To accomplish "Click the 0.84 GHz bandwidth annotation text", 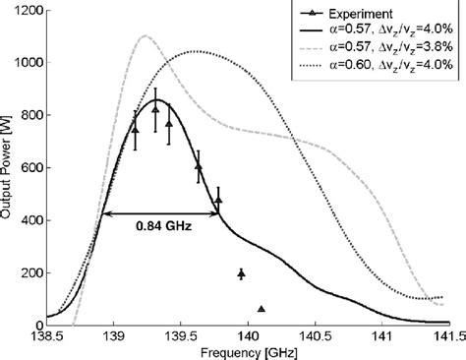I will click(x=163, y=225).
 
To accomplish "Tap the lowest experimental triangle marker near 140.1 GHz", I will click(x=262, y=309).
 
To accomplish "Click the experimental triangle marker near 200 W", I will click(x=241, y=272).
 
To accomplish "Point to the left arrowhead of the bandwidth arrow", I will click(x=104, y=213).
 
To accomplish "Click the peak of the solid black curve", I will click(x=156, y=99).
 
